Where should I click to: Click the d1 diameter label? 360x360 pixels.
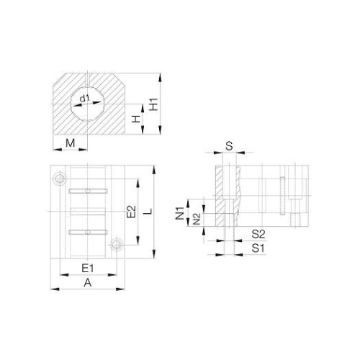(84, 99)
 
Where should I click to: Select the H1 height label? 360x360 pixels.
(153, 104)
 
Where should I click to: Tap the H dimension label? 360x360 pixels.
(136, 119)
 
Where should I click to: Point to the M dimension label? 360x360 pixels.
(71, 143)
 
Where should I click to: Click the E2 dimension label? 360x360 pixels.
(131, 212)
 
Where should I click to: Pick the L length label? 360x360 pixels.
(149, 212)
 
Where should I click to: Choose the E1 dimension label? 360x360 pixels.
(88, 268)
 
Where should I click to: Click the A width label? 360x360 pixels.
(88, 283)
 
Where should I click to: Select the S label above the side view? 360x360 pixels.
(230, 145)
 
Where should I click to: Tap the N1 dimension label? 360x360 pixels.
(179, 213)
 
